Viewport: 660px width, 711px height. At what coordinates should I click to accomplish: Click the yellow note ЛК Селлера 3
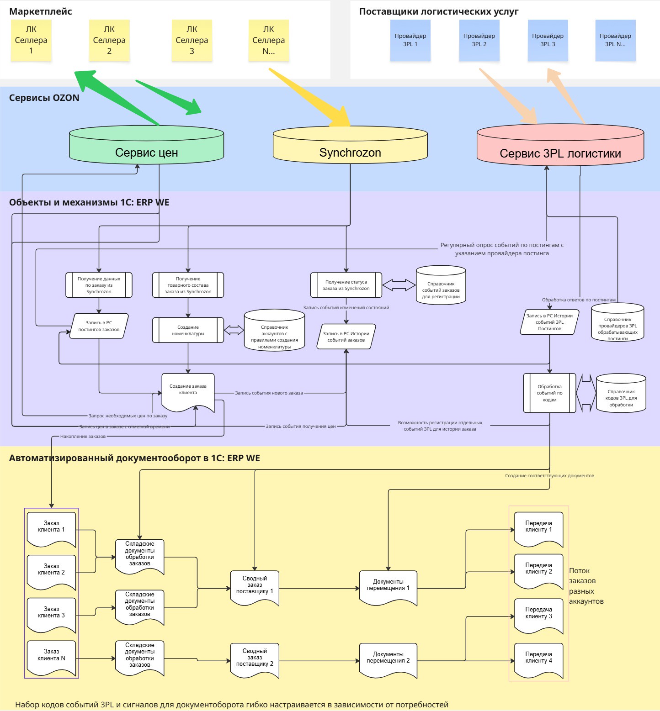tap(192, 40)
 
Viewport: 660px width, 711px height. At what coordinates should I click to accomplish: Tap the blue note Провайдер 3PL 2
tap(479, 40)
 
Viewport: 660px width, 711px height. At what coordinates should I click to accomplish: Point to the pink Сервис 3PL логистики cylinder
tap(560, 146)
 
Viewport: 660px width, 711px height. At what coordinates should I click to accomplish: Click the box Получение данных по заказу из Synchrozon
tap(99, 285)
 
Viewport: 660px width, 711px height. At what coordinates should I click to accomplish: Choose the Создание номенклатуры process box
tap(188, 330)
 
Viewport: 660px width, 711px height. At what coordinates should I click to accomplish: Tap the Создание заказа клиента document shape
tap(188, 391)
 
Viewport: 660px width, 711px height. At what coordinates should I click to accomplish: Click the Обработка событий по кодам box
tap(549, 393)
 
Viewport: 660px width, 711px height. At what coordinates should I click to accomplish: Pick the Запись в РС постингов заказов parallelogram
tap(99, 326)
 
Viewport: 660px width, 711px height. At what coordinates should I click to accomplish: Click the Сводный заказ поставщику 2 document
tap(255, 659)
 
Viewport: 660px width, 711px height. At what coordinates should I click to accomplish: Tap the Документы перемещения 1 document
tap(388, 586)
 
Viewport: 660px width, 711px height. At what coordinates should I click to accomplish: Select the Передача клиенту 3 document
tap(538, 615)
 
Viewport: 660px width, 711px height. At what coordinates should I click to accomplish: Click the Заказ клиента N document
tap(51, 657)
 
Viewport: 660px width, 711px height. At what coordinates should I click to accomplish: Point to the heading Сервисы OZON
tap(44, 98)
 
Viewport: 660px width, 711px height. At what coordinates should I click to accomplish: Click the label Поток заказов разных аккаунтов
tap(586, 586)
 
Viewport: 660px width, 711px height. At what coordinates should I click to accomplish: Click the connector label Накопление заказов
tap(83, 437)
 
